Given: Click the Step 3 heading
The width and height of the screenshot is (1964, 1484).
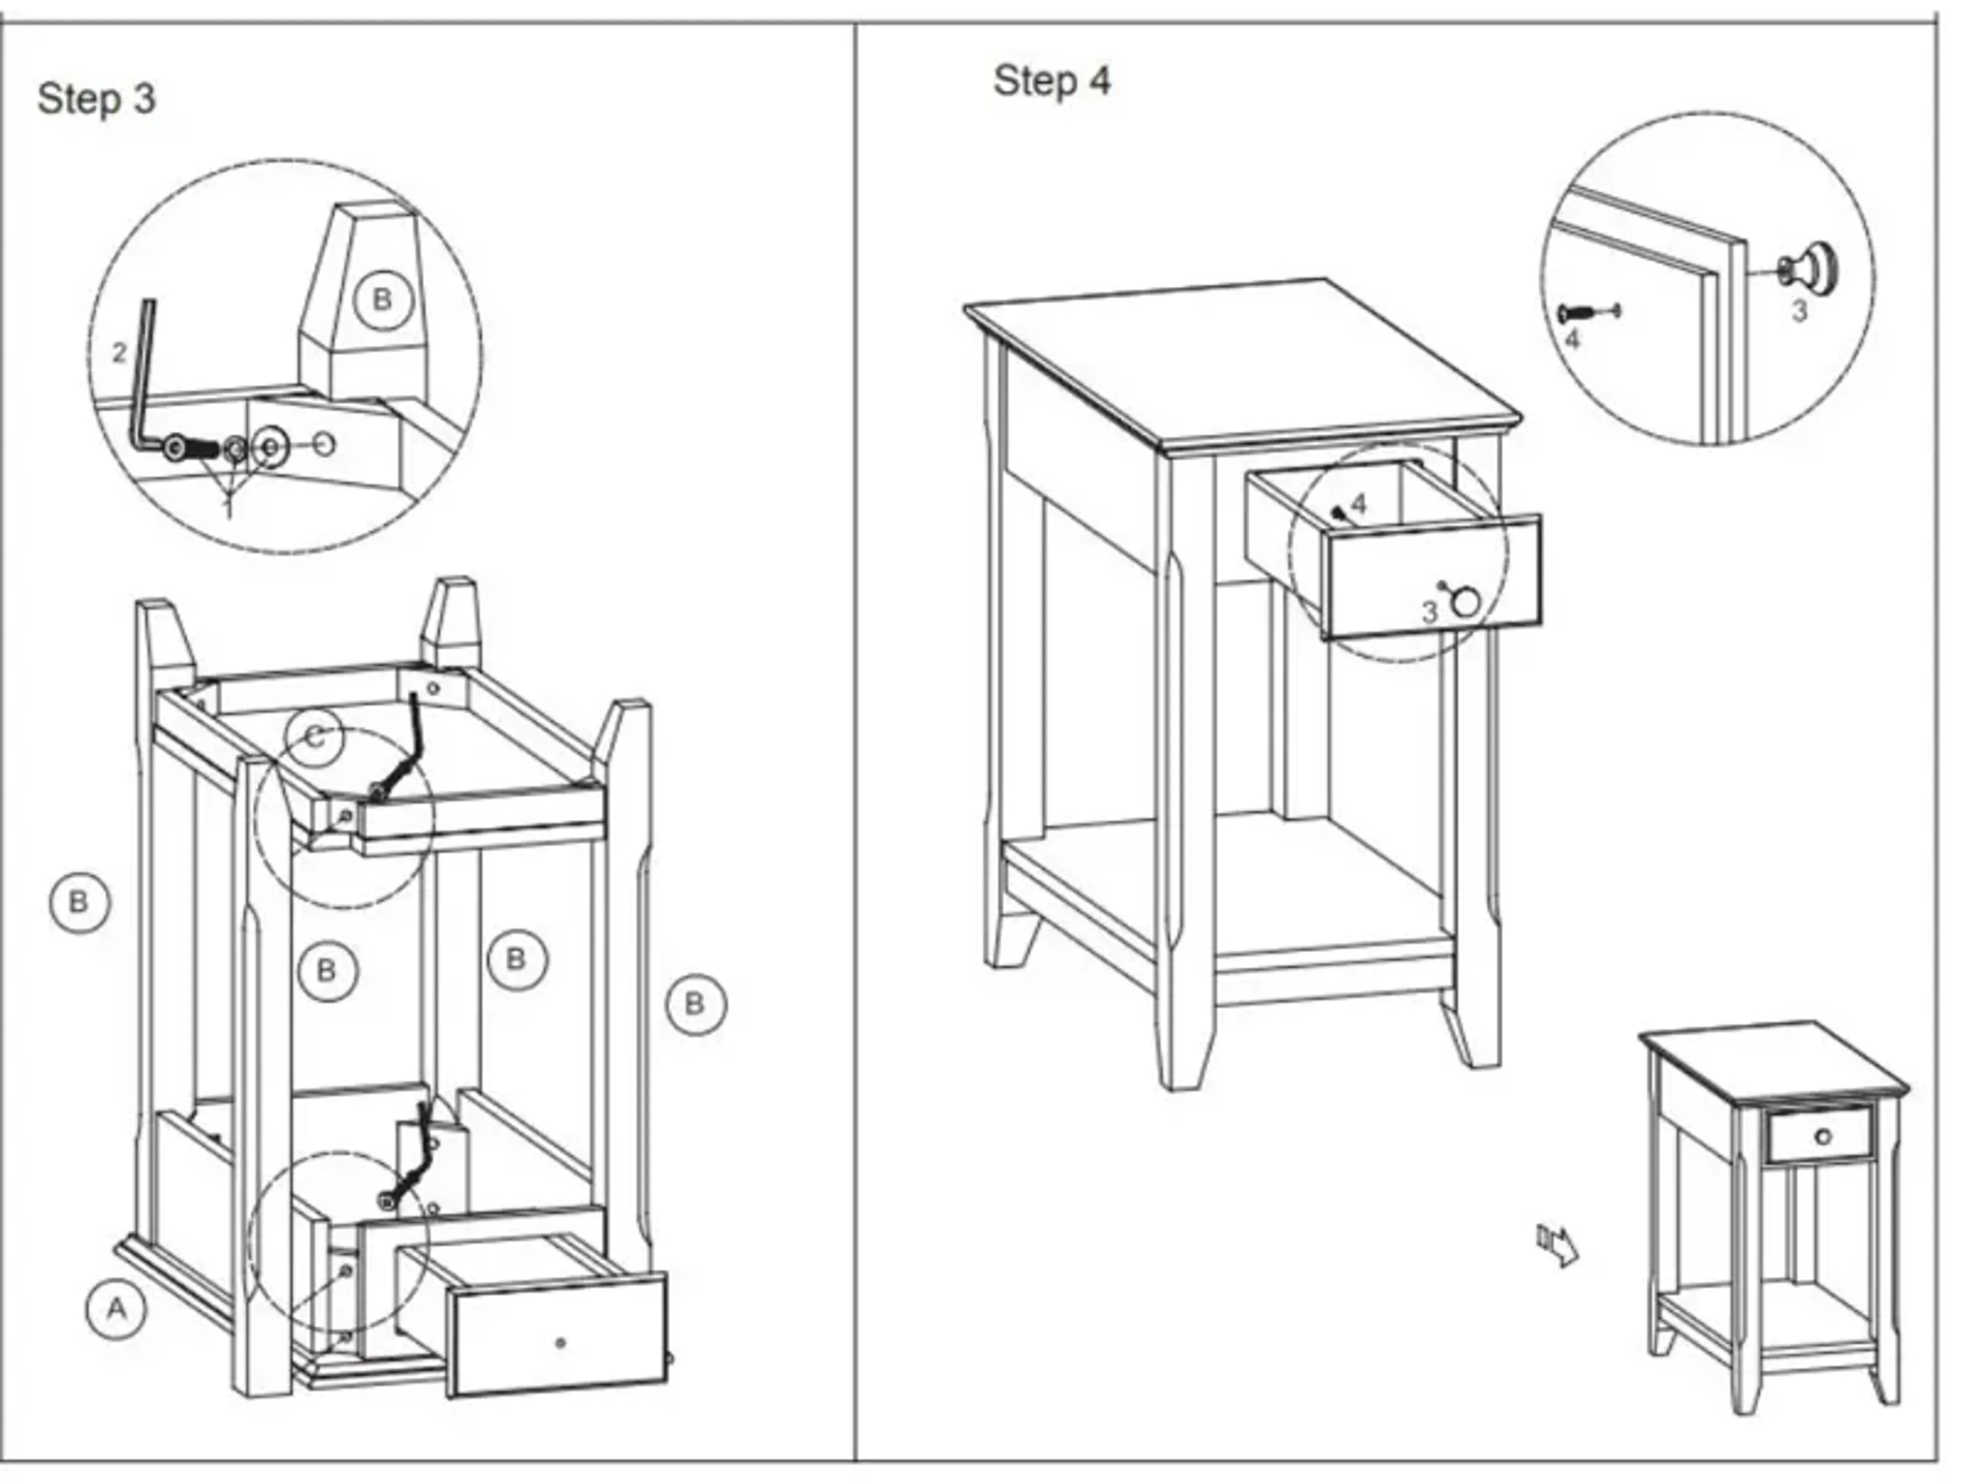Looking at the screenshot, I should tap(96, 99).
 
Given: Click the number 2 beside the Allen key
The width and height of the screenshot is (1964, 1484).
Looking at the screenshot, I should tap(120, 353).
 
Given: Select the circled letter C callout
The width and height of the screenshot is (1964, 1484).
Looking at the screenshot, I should tap(315, 737).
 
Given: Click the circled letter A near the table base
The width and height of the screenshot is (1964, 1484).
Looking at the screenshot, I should tap(116, 1309).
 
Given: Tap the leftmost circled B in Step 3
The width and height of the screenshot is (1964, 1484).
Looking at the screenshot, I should tap(80, 903).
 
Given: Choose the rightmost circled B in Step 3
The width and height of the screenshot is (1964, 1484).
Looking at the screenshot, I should tap(695, 1004).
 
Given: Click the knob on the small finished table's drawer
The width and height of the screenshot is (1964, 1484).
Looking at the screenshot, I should tap(1823, 1137).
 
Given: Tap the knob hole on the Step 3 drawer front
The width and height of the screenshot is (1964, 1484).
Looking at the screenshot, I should tap(560, 1343).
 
